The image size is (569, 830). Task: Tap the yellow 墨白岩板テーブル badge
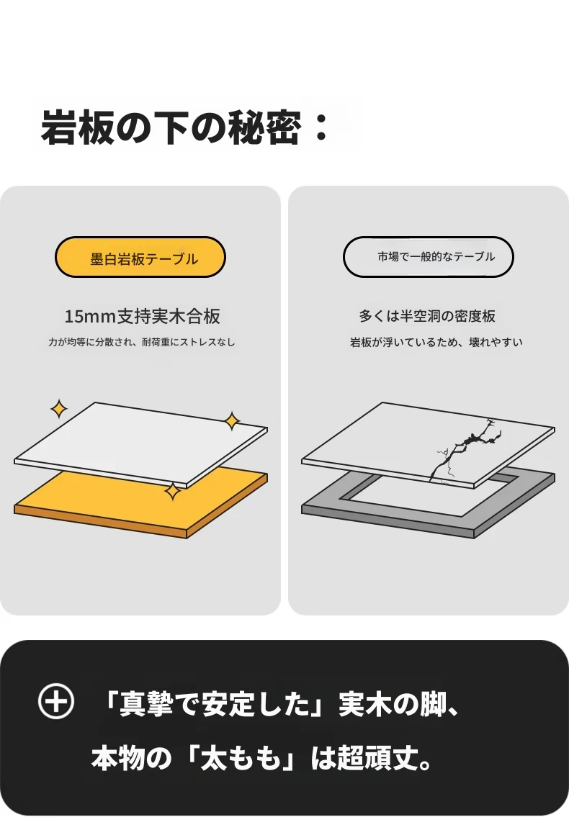140,257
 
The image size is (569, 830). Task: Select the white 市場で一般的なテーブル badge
429,257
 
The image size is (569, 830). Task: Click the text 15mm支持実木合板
142,317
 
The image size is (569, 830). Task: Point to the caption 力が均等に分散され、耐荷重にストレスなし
141,342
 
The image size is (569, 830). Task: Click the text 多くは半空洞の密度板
427,316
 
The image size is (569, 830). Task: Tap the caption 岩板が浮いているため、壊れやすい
436,342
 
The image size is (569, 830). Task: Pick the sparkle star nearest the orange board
173,492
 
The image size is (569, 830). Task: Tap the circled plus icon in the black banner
56,701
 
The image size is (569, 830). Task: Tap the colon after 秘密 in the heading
321,129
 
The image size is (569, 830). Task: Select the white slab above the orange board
141,443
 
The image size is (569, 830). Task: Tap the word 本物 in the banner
117,758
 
